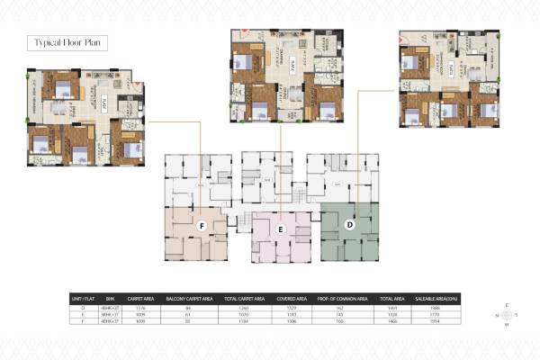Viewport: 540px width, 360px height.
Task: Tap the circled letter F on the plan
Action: click(x=202, y=225)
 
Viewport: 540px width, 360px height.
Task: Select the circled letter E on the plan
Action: click(x=280, y=230)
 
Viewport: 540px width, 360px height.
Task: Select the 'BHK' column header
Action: click(x=112, y=295)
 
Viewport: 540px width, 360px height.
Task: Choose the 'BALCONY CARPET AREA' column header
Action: click(x=188, y=295)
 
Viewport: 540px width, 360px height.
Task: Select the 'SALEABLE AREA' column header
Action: click(x=436, y=295)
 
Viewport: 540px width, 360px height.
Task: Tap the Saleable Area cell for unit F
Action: click(x=436, y=320)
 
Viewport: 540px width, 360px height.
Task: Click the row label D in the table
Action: click(x=83, y=306)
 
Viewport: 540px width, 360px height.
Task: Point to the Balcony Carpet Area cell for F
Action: click(x=188, y=320)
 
